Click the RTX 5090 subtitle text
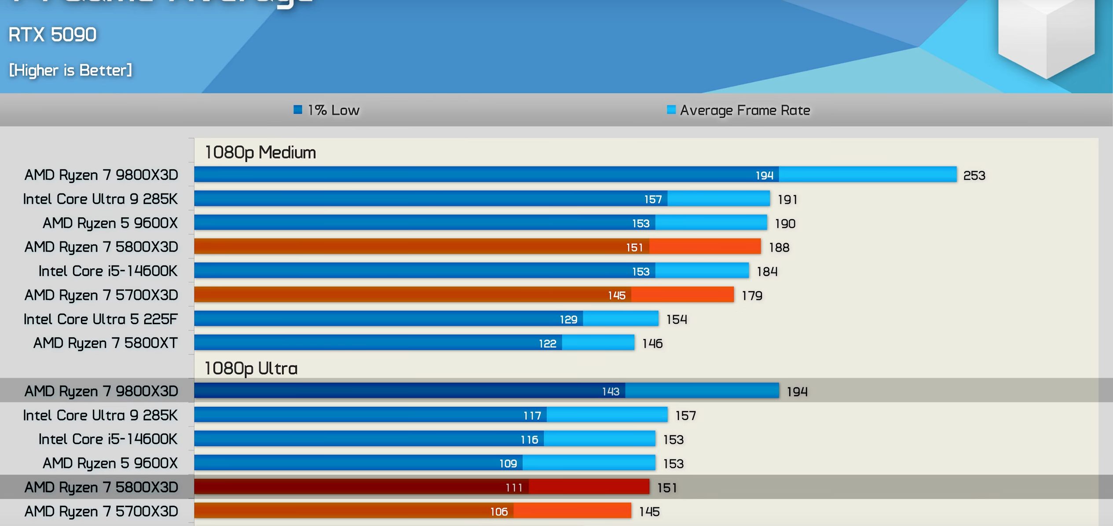[52, 35]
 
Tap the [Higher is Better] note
[70, 70]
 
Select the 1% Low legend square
[298, 110]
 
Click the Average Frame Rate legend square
[671, 110]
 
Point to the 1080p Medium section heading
[260, 153]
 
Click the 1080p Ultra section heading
[251, 369]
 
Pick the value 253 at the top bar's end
[974, 175]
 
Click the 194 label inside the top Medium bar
[764, 175]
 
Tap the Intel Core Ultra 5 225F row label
[100, 319]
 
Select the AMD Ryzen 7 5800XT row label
[105, 343]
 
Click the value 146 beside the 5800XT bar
[652, 343]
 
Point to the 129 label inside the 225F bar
[568, 320]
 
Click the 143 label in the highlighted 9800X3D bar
[611, 391]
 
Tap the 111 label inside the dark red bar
[514, 487]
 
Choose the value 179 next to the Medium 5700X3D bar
[752, 296]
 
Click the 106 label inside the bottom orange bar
[499, 511]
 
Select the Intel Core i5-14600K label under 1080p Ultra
[108, 439]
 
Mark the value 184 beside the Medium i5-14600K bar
[767, 272]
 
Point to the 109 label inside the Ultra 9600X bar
[508, 464]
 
